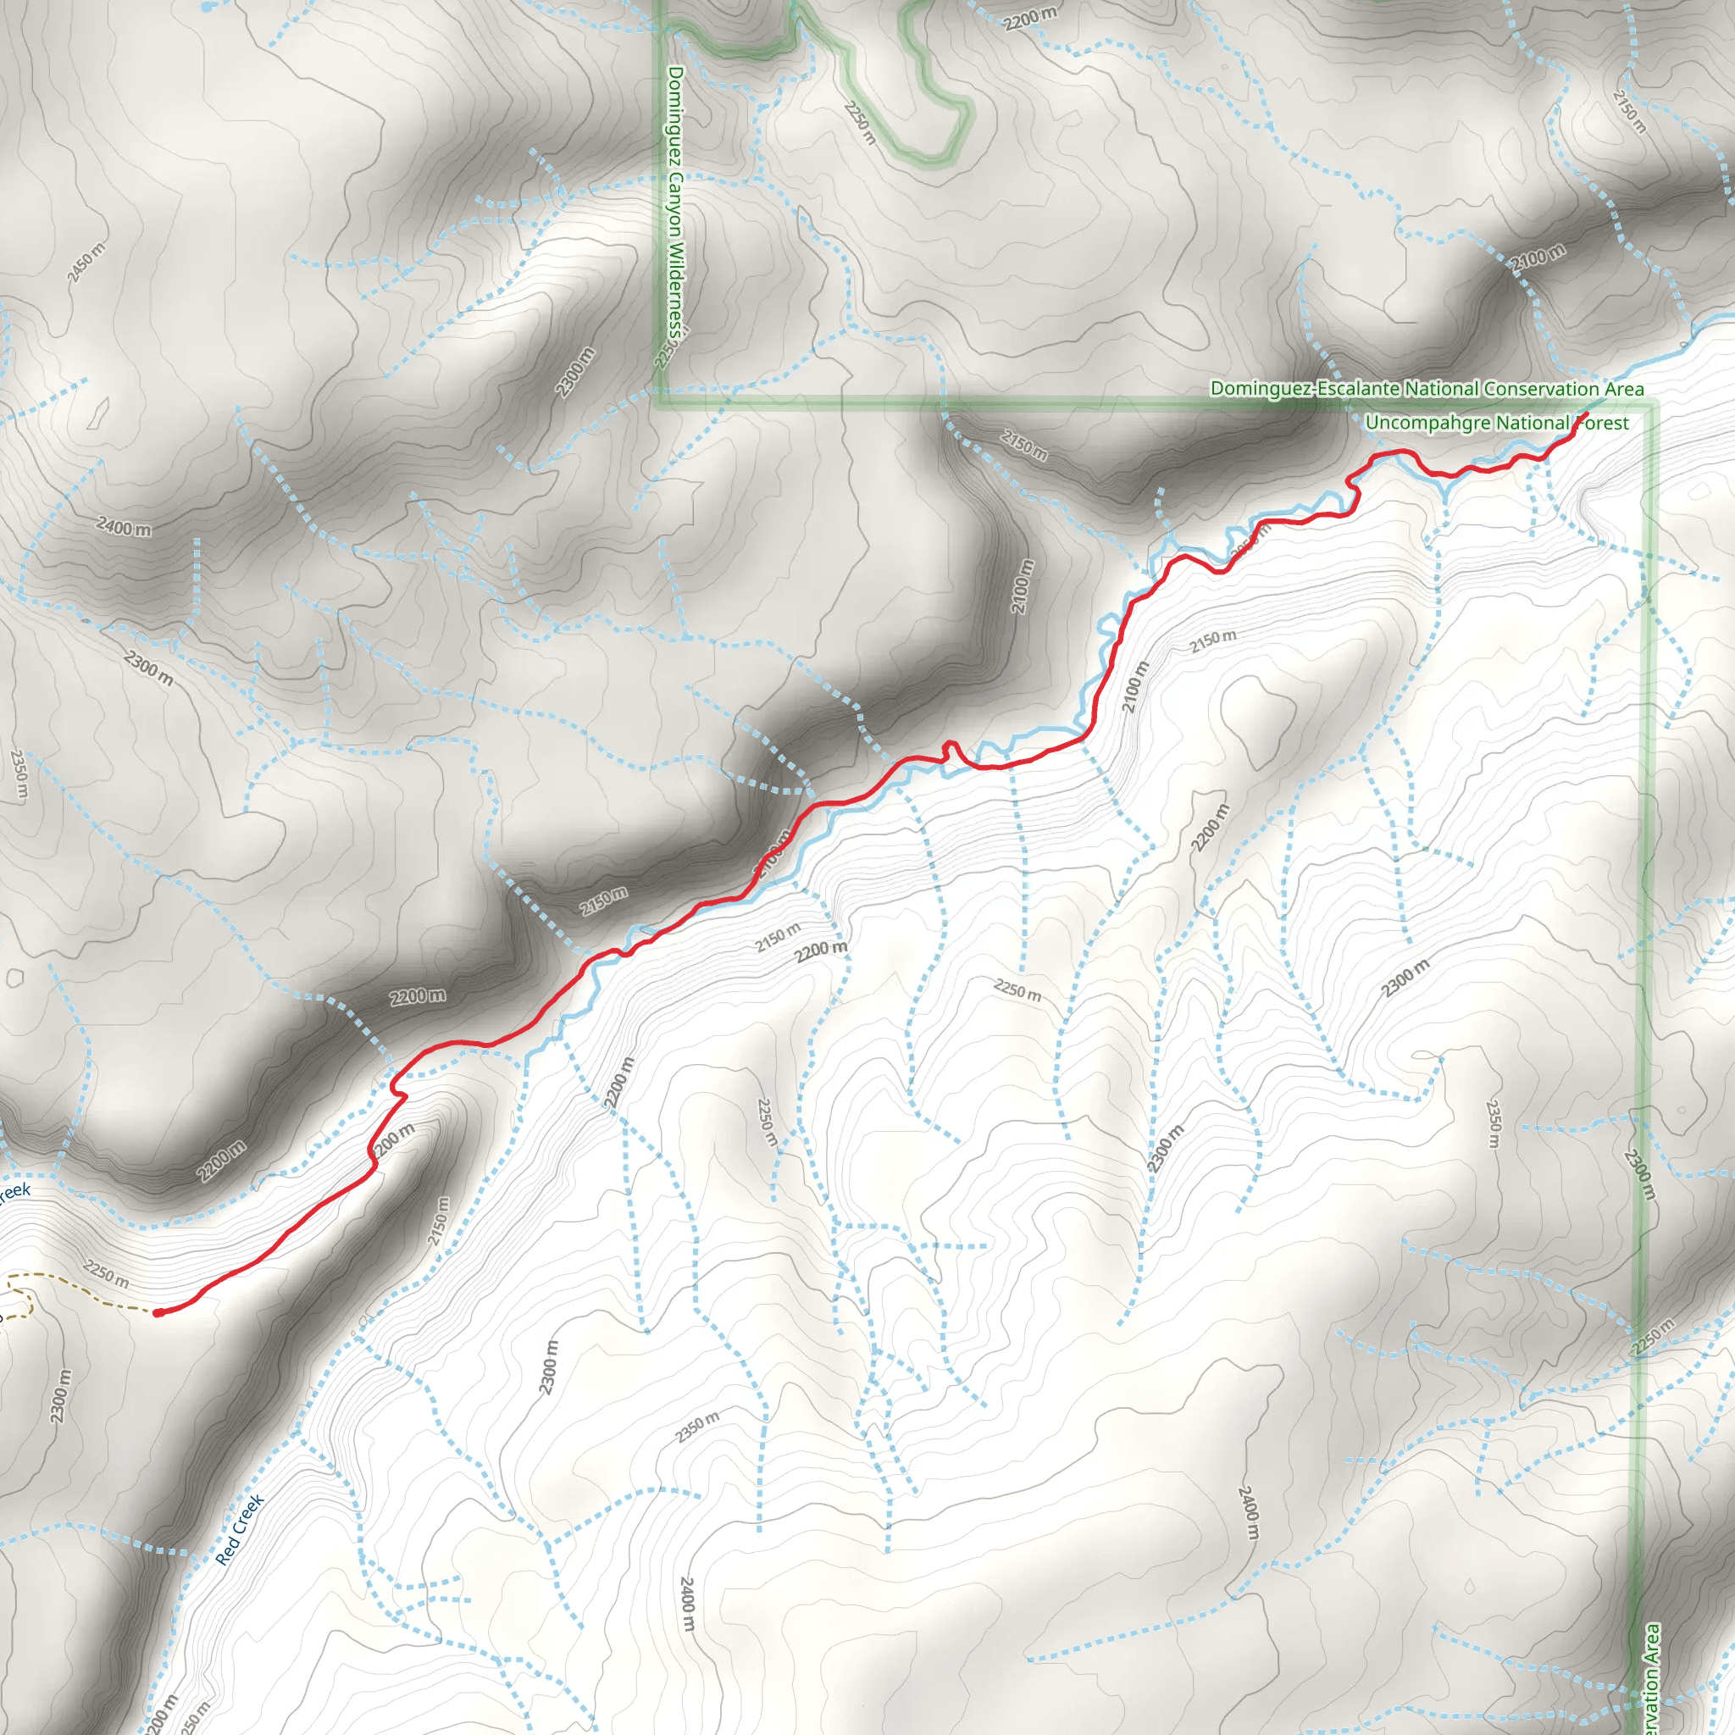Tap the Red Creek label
point(240,1529)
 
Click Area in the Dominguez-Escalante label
point(1625,389)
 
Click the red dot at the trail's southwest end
point(159,1313)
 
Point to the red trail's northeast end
point(1588,414)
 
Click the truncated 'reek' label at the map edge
point(14,1193)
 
